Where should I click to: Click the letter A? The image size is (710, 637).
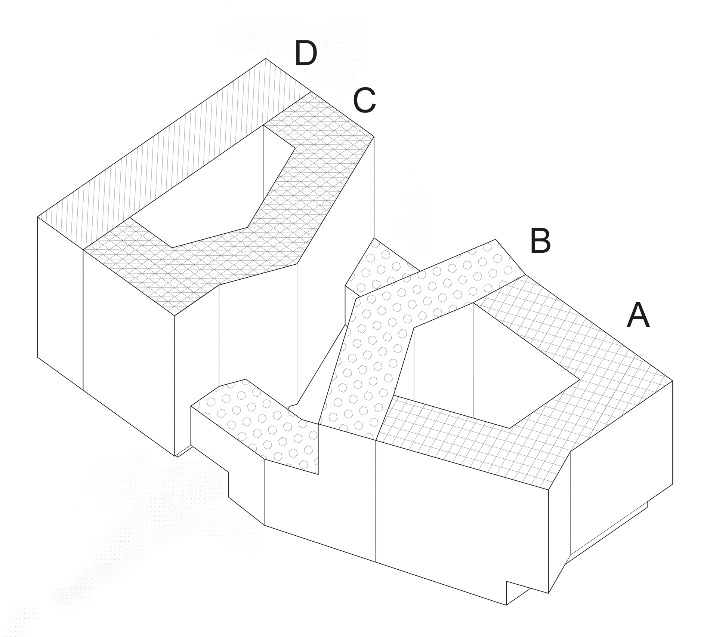coord(638,315)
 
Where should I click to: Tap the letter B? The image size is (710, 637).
coord(540,241)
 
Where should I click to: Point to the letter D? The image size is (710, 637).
coord(306,53)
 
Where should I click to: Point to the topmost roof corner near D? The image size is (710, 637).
coord(266,59)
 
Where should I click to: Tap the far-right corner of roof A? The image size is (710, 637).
coord(673,381)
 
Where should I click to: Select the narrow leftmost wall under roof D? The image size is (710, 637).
coord(60,303)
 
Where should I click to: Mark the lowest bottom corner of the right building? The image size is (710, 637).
coord(506,605)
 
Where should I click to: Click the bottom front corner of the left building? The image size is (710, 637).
coord(175,456)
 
